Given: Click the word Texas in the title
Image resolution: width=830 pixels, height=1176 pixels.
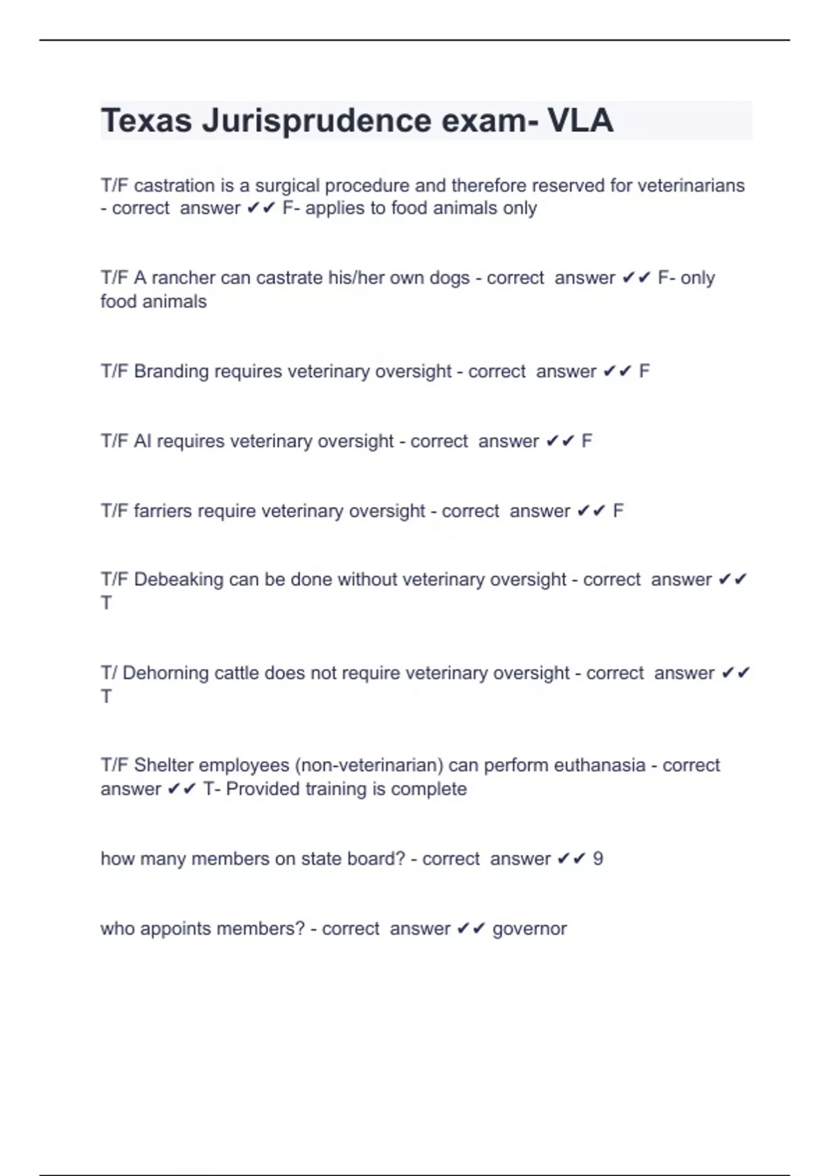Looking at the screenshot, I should pyautogui.click(x=146, y=121).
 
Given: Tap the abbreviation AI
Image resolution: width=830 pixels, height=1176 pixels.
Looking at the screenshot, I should pyautogui.click(x=142, y=441).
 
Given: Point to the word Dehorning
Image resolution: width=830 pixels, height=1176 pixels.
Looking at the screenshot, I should pyautogui.click(x=165, y=673).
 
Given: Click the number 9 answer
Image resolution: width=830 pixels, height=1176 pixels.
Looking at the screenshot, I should pyautogui.click(x=598, y=859).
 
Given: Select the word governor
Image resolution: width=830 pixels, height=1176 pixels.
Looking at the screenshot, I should pyautogui.click(x=529, y=929).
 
